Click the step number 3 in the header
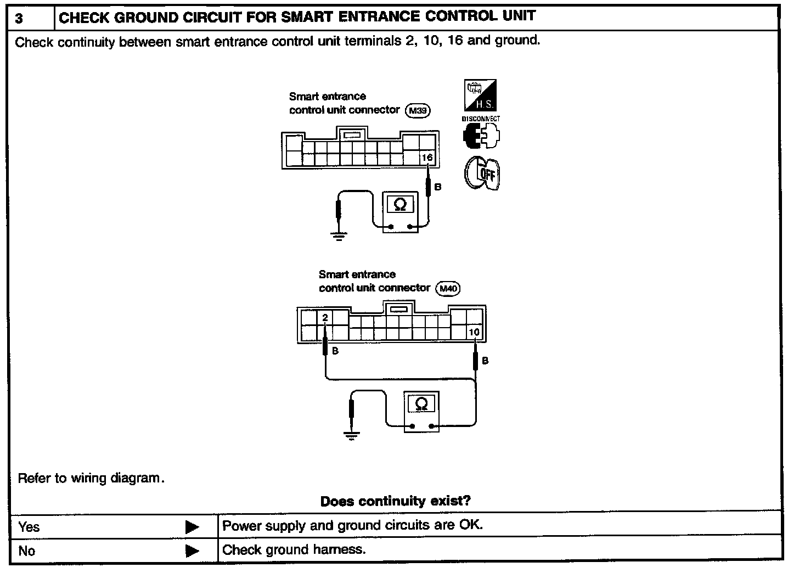[19, 19]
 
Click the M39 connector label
[418, 111]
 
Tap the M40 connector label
[448, 289]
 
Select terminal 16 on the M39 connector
[427, 158]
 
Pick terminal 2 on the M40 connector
[325, 318]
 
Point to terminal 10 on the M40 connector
[474, 332]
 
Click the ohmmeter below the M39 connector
[400, 212]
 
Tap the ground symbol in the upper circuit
[339, 237]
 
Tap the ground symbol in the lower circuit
[352, 436]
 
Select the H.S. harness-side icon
[481, 95]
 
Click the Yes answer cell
[29, 527]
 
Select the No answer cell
[26, 551]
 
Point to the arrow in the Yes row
[192, 527]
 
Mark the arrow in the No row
[192, 551]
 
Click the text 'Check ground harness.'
[294, 550]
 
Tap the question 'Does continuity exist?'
[395, 501]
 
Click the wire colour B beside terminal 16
[438, 187]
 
